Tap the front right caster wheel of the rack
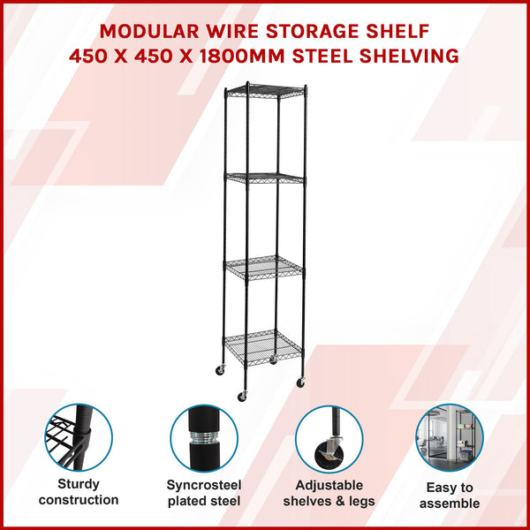pos(300,382)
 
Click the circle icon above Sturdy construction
pos(79,437)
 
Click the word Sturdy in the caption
pos(79,483)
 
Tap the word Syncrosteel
pos(204,485)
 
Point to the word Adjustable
pos(329,485)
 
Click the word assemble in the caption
pos(450,503)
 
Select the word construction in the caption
pos(79,500)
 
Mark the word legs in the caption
pos(362,502)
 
